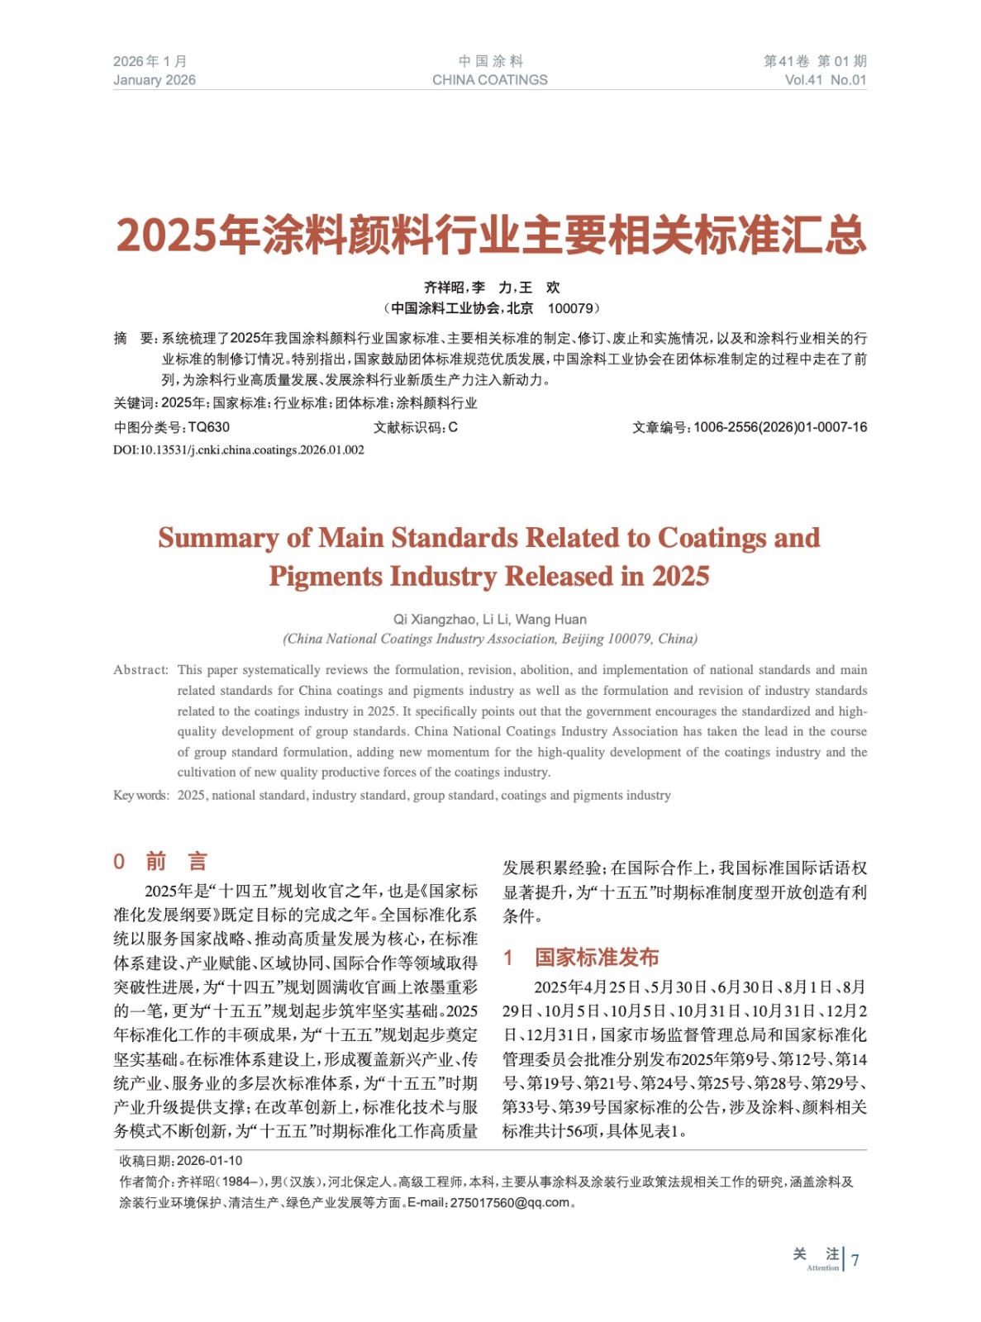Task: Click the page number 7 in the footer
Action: point(855,1260)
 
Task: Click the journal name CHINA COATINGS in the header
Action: point(489,80)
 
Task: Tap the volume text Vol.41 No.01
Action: point(825,80)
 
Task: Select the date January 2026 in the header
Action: point(155,80)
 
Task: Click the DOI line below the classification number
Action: point(239,450)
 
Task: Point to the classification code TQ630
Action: point(209,427)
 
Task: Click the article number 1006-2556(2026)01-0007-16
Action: point(780,427)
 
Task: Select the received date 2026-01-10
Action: point(210,1161)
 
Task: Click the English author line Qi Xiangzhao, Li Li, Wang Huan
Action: point(490,620)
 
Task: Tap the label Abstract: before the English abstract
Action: point(140,670)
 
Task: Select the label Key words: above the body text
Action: point(140,796)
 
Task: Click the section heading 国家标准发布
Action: point(597,958)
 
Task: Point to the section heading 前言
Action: point(176,862)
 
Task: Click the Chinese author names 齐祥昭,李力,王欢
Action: point(492,288)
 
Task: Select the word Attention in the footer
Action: point(822,1268)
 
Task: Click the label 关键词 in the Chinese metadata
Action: point(134,403)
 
